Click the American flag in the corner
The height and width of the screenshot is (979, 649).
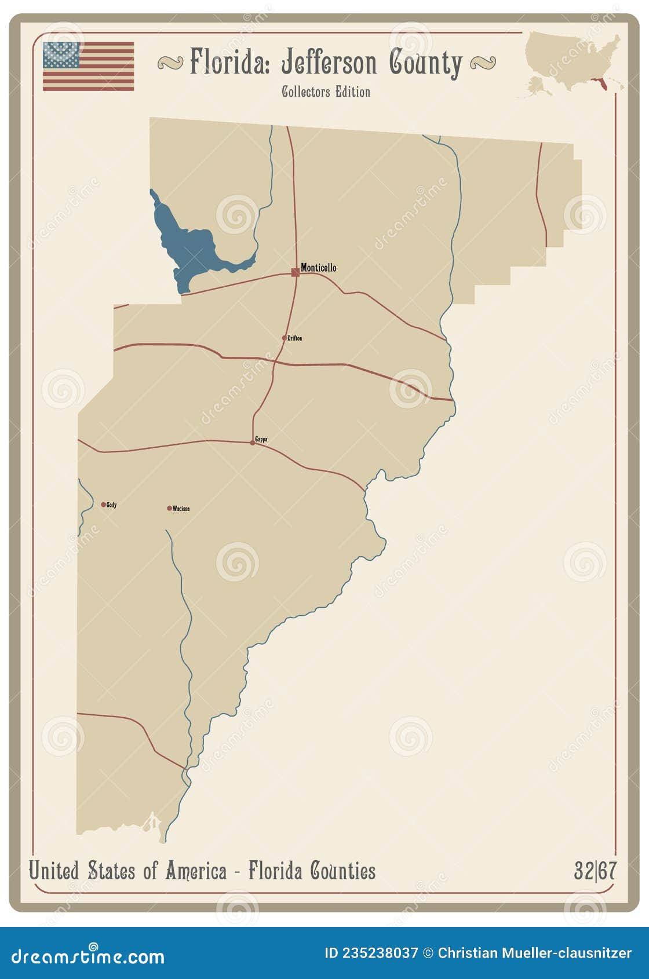pos(88,66)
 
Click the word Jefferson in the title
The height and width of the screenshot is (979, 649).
pos(329,63)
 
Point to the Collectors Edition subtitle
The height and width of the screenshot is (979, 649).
pos(326,92)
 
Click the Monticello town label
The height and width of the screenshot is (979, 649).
pos(318,268)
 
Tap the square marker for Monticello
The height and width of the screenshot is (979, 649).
pos(296,272)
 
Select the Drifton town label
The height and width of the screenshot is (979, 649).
pos(294,338)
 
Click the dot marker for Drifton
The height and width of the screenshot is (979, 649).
pos(284,338)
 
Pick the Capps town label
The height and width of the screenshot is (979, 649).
pos(261,440)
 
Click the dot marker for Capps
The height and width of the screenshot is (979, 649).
pos(252,443)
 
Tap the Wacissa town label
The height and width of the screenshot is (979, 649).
pos(181,509)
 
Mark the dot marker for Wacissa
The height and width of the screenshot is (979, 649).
pos(169,509)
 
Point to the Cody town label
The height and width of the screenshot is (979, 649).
pos(111,505)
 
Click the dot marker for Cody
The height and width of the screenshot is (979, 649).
pos(103,505)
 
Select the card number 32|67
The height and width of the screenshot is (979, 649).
pos(595,871)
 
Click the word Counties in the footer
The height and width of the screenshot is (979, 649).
pos(342,871)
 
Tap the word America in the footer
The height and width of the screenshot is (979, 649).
pos(195,871)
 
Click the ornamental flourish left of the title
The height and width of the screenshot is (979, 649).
pos(170,63)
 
